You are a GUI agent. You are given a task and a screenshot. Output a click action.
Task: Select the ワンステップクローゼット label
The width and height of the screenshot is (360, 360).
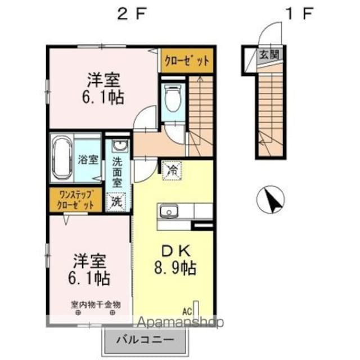[x=75, y=200]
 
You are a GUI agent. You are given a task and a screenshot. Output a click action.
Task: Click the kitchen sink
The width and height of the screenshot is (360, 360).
[x=168, y=212]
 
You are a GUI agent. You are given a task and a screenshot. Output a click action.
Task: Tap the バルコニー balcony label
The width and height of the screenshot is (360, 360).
[x=144, y=340]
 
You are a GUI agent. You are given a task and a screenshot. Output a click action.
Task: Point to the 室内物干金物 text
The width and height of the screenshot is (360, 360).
[x=96, y=304]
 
